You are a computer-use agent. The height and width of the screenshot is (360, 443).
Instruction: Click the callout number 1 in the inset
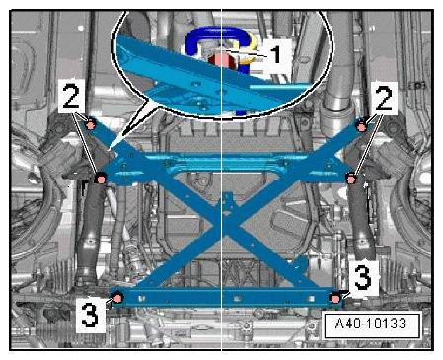click(276, 54)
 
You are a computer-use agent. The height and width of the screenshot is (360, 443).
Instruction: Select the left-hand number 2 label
click(71, 96)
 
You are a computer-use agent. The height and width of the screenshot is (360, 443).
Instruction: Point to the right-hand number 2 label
click(384, 98)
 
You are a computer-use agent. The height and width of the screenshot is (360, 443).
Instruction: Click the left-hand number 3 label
click(90, 315)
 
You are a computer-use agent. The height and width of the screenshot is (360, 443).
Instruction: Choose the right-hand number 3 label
click(363, 278)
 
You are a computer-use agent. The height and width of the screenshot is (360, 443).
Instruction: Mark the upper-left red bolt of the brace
click(90, 124)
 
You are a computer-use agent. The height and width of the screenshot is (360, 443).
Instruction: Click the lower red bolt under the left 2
click(101, 180)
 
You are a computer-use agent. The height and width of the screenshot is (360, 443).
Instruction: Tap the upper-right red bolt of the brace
click(362, 127)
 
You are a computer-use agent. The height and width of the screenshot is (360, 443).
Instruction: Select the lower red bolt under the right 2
click(351, 180)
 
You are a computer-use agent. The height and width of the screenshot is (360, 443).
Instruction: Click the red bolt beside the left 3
click(118, 298)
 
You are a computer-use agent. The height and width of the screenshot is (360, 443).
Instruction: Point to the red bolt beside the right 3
click(335, 299)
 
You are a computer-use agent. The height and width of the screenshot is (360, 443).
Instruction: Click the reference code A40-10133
click(370, 324)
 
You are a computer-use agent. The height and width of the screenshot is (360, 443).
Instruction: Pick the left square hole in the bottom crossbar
click(141, 298)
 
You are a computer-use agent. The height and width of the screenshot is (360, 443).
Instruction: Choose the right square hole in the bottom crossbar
click(311, 299)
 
